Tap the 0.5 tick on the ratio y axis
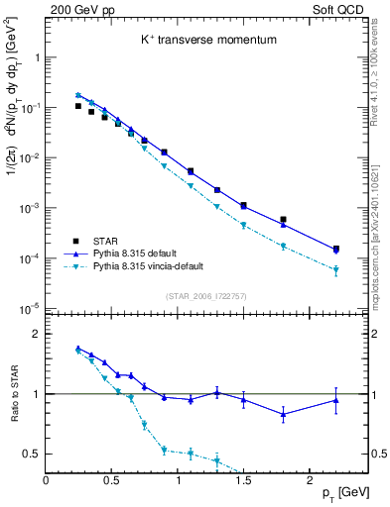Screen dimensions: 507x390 (31, 455)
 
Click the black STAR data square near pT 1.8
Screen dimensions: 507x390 (283, 220)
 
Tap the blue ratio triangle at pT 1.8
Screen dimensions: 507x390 (283, 415)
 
